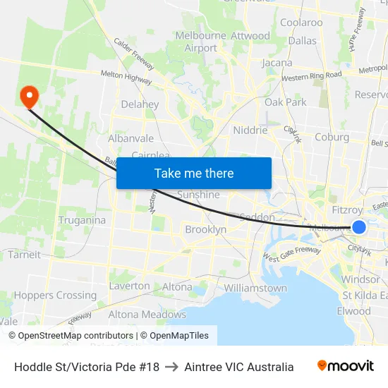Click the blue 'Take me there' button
pos(194,174)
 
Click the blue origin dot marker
pos(359,226)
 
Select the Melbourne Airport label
pos(200,42)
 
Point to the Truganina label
pos(83,220)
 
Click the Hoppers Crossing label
pos(55,296)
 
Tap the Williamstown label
pos(255,289)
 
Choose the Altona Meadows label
pos(147,315)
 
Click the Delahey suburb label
pos(140,104)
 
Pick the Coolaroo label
pos(301,23)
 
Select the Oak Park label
pos(286,102)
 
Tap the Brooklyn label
pos(205,229)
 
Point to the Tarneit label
pos(24,255)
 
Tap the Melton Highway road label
pos(126,78)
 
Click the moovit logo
pos(346,366)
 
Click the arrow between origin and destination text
pos(171,367)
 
